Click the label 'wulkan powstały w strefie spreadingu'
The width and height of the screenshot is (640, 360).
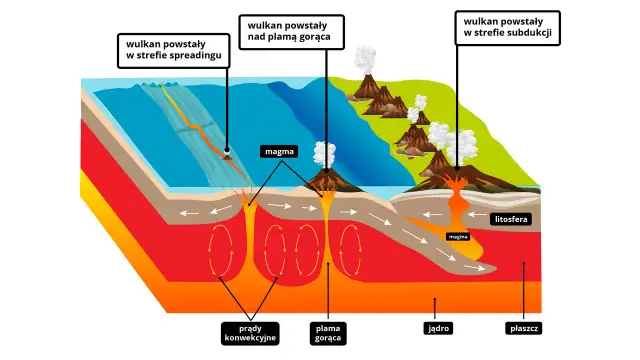(172, 50)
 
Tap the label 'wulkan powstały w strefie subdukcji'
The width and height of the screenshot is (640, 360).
(507, 29)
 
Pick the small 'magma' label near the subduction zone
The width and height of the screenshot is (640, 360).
(459, 237)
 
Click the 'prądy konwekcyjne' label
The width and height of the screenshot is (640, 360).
(250, 332)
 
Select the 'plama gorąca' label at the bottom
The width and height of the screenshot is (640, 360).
(329, 332)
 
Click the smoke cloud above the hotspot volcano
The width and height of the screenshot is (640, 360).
(324, 154)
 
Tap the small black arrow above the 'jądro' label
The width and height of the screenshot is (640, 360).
(434, 301)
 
